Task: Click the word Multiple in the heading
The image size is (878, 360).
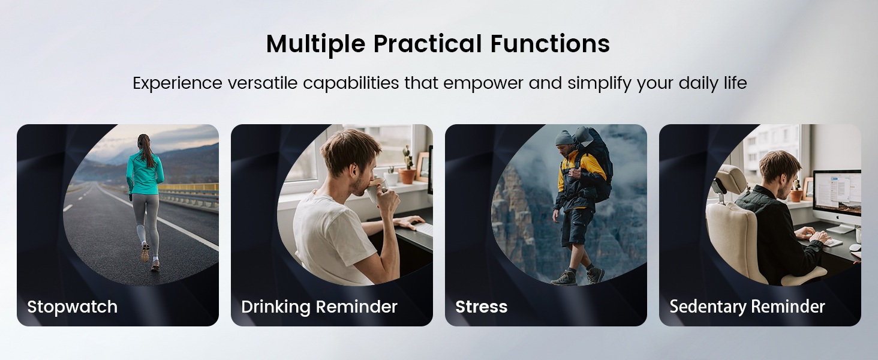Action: tap(315, 44)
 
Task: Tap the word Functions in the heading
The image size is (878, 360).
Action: tap(550, 43)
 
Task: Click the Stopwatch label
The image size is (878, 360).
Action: tap(72, 307)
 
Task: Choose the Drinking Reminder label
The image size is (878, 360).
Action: tap(319, 307)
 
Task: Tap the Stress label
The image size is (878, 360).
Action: tap(482, 307)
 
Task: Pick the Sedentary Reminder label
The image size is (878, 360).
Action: tap(747, 307)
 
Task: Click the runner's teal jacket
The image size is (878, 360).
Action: tap(145, 174)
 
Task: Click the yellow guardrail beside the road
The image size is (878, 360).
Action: tap(188, 187)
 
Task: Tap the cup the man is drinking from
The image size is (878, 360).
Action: tap(375, 190)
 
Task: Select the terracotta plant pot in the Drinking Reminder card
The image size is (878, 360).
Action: tap(408, 176)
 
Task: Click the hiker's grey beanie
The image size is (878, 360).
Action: tap(564, 138)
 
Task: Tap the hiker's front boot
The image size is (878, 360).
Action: tap(564, 278)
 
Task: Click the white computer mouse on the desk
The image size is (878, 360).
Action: tap(855, 247)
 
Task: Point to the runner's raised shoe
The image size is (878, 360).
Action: tap(145, 252)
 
